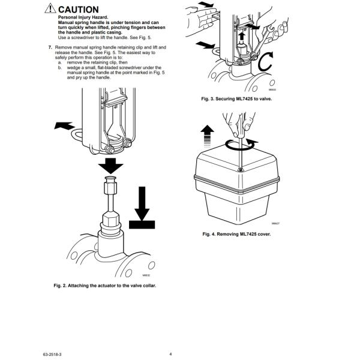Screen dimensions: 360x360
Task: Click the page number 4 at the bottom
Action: pyautogui.click(x=171, y=354)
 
